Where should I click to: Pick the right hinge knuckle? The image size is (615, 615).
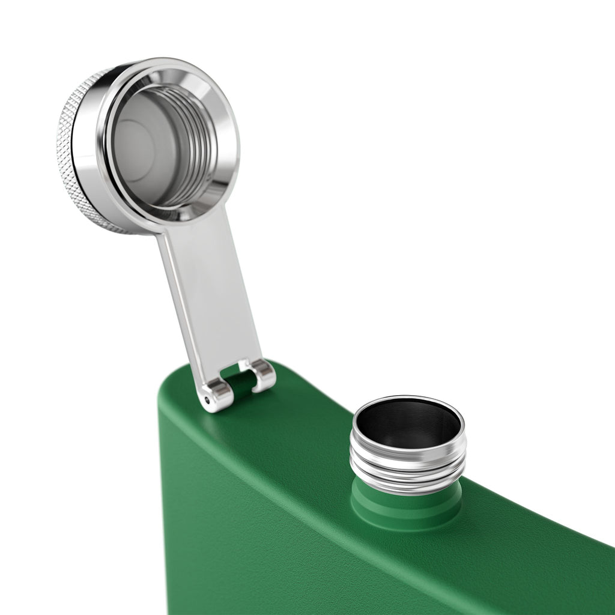[263, 375]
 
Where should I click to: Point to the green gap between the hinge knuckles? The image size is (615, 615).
[239, 384]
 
